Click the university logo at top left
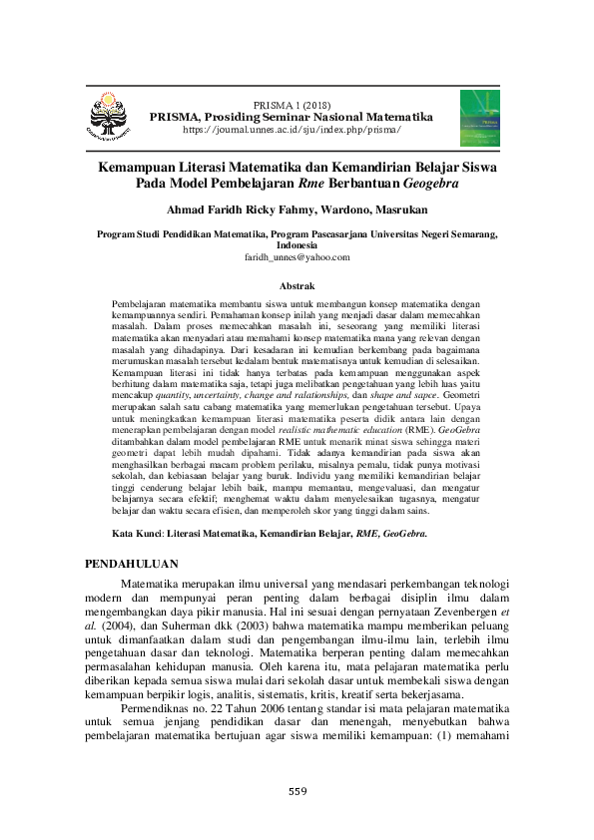click(x=110, y=116)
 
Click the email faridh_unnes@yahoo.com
click(x=297, y=256)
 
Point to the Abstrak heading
click(x=297, y=284)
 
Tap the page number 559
click(x=297, y=791)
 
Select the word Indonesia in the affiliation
click(x=297, y=244)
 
